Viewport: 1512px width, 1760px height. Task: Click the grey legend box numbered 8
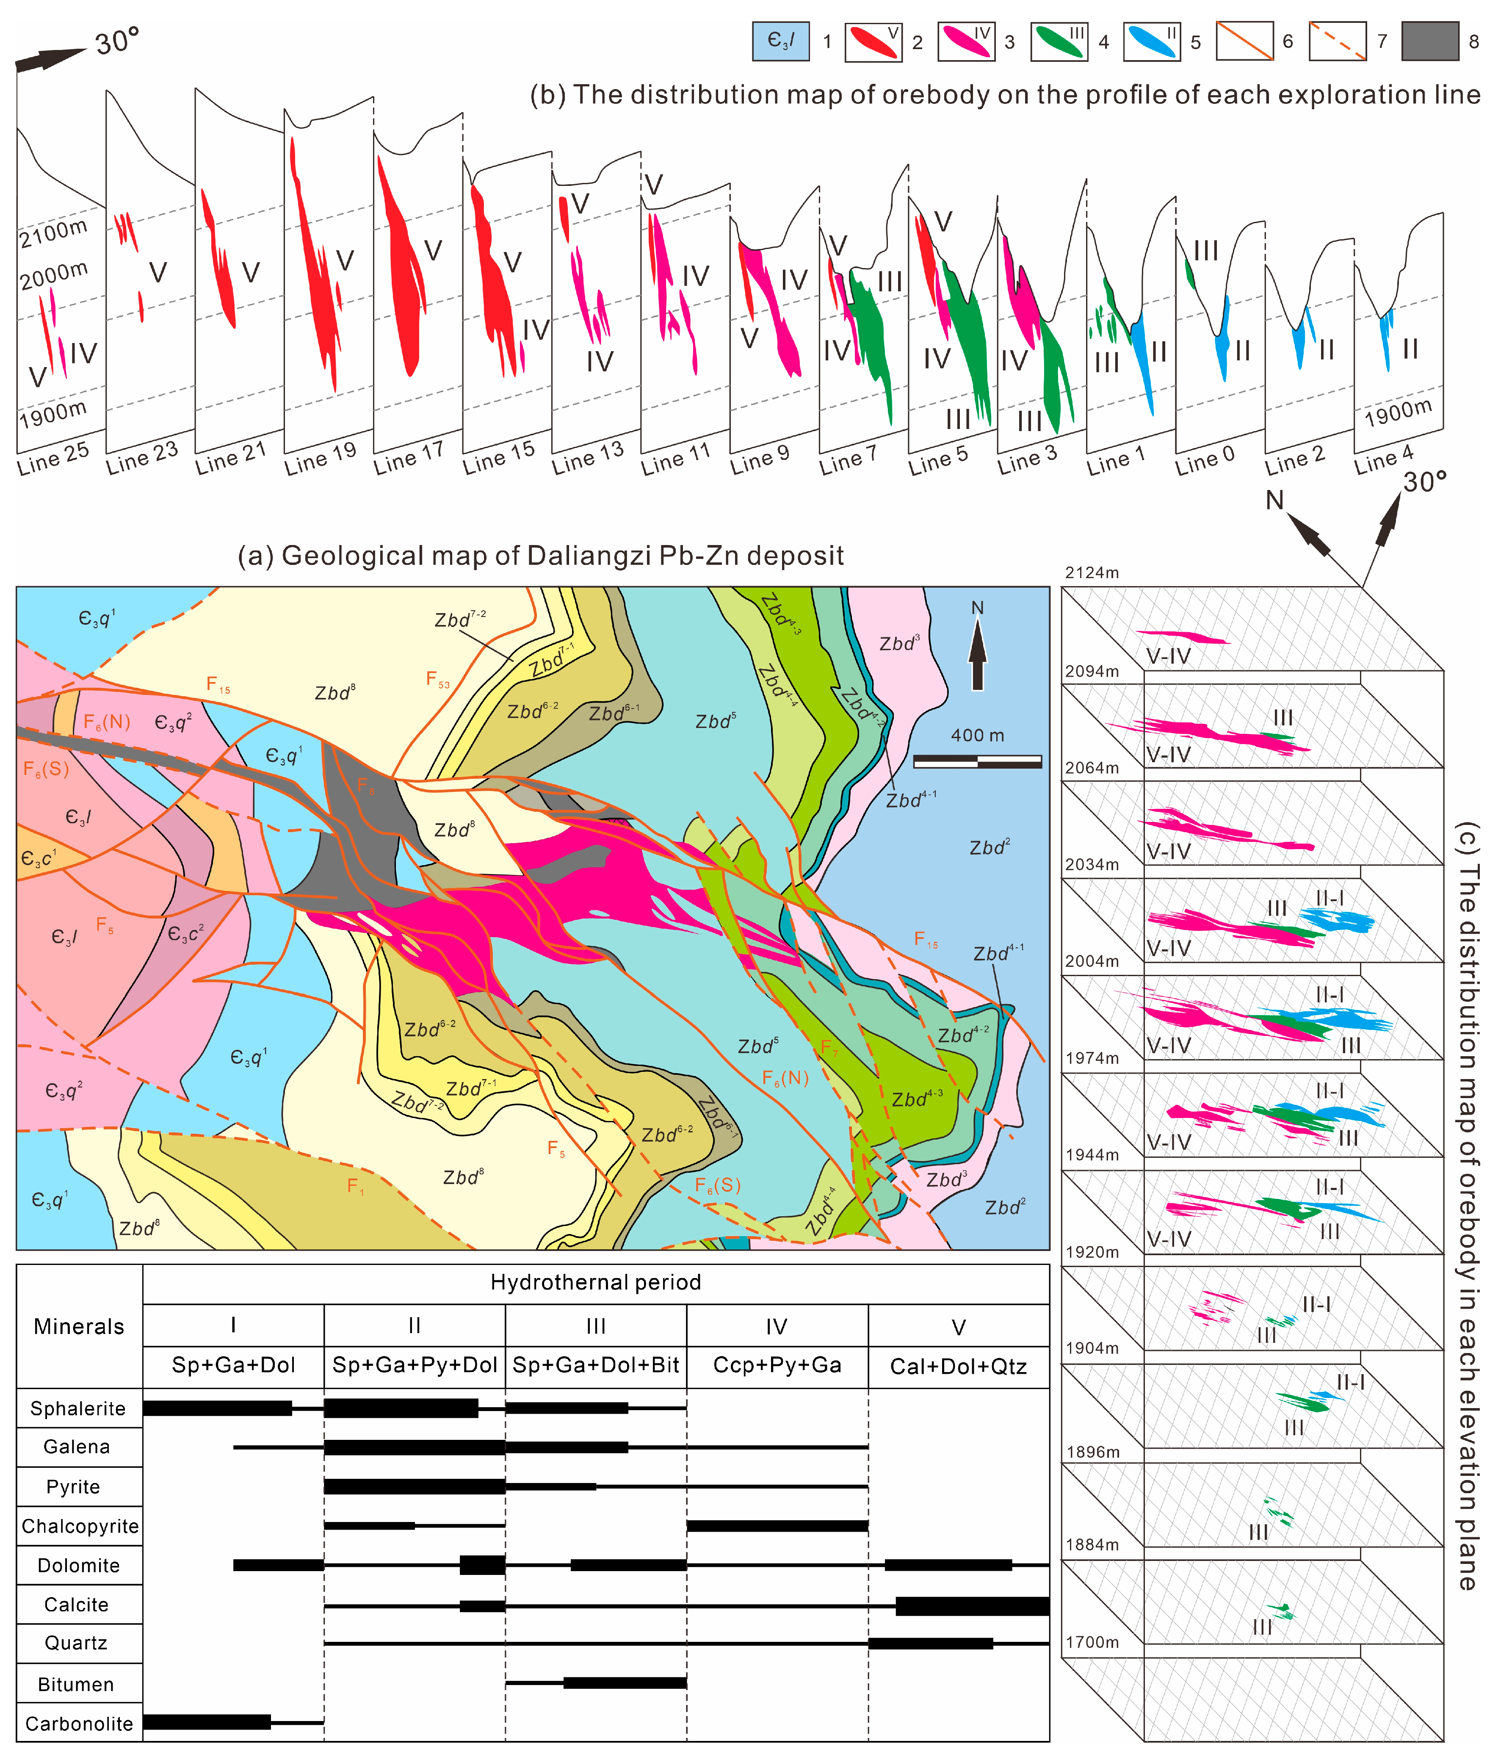[x=1429, y=41]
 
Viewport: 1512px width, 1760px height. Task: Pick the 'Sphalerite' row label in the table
[x=78, y=1409]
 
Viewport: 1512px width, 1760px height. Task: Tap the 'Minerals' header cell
[x=79, y=1327]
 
